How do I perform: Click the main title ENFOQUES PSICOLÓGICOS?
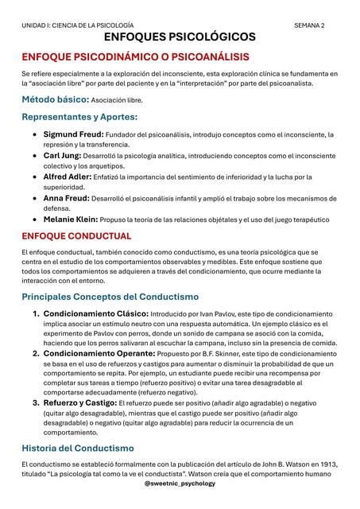(x=180, y=37)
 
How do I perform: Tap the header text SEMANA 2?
(x=310, y=25)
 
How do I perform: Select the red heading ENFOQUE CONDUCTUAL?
(x=76, y=236)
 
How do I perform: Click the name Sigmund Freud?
(x=74, y=134)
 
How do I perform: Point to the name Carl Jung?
(x=62, y=156)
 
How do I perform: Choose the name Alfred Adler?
(x=68, y=177)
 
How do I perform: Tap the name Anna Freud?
(x=66, y=197)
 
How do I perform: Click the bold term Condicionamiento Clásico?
(x=95, y=313)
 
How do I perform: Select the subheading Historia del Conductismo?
(x=78, y=449)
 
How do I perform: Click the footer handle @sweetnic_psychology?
(x=180, y=483)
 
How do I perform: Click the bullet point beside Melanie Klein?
(x=33, y=219)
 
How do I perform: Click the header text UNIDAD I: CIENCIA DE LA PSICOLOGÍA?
(x=78, y=25)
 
